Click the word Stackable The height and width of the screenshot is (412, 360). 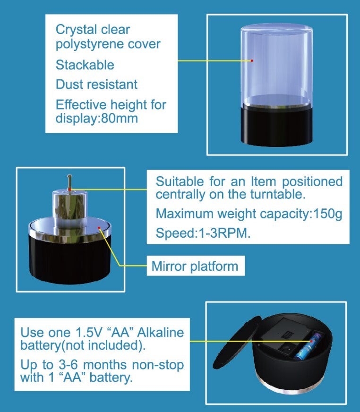(85, 65)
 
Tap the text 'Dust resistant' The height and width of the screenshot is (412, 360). (96, 85)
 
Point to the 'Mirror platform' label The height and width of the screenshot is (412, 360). (195, 266)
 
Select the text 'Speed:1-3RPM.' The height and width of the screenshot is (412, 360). (203, 233)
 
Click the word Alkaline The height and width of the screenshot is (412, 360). (161, 332)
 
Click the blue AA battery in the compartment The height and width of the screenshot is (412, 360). (308, 346)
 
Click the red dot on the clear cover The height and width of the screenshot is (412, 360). (252, 60)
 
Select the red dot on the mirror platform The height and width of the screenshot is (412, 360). (99, 228)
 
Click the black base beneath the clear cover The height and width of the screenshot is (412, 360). (276, 126)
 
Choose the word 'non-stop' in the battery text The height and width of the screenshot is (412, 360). (158, 365)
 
